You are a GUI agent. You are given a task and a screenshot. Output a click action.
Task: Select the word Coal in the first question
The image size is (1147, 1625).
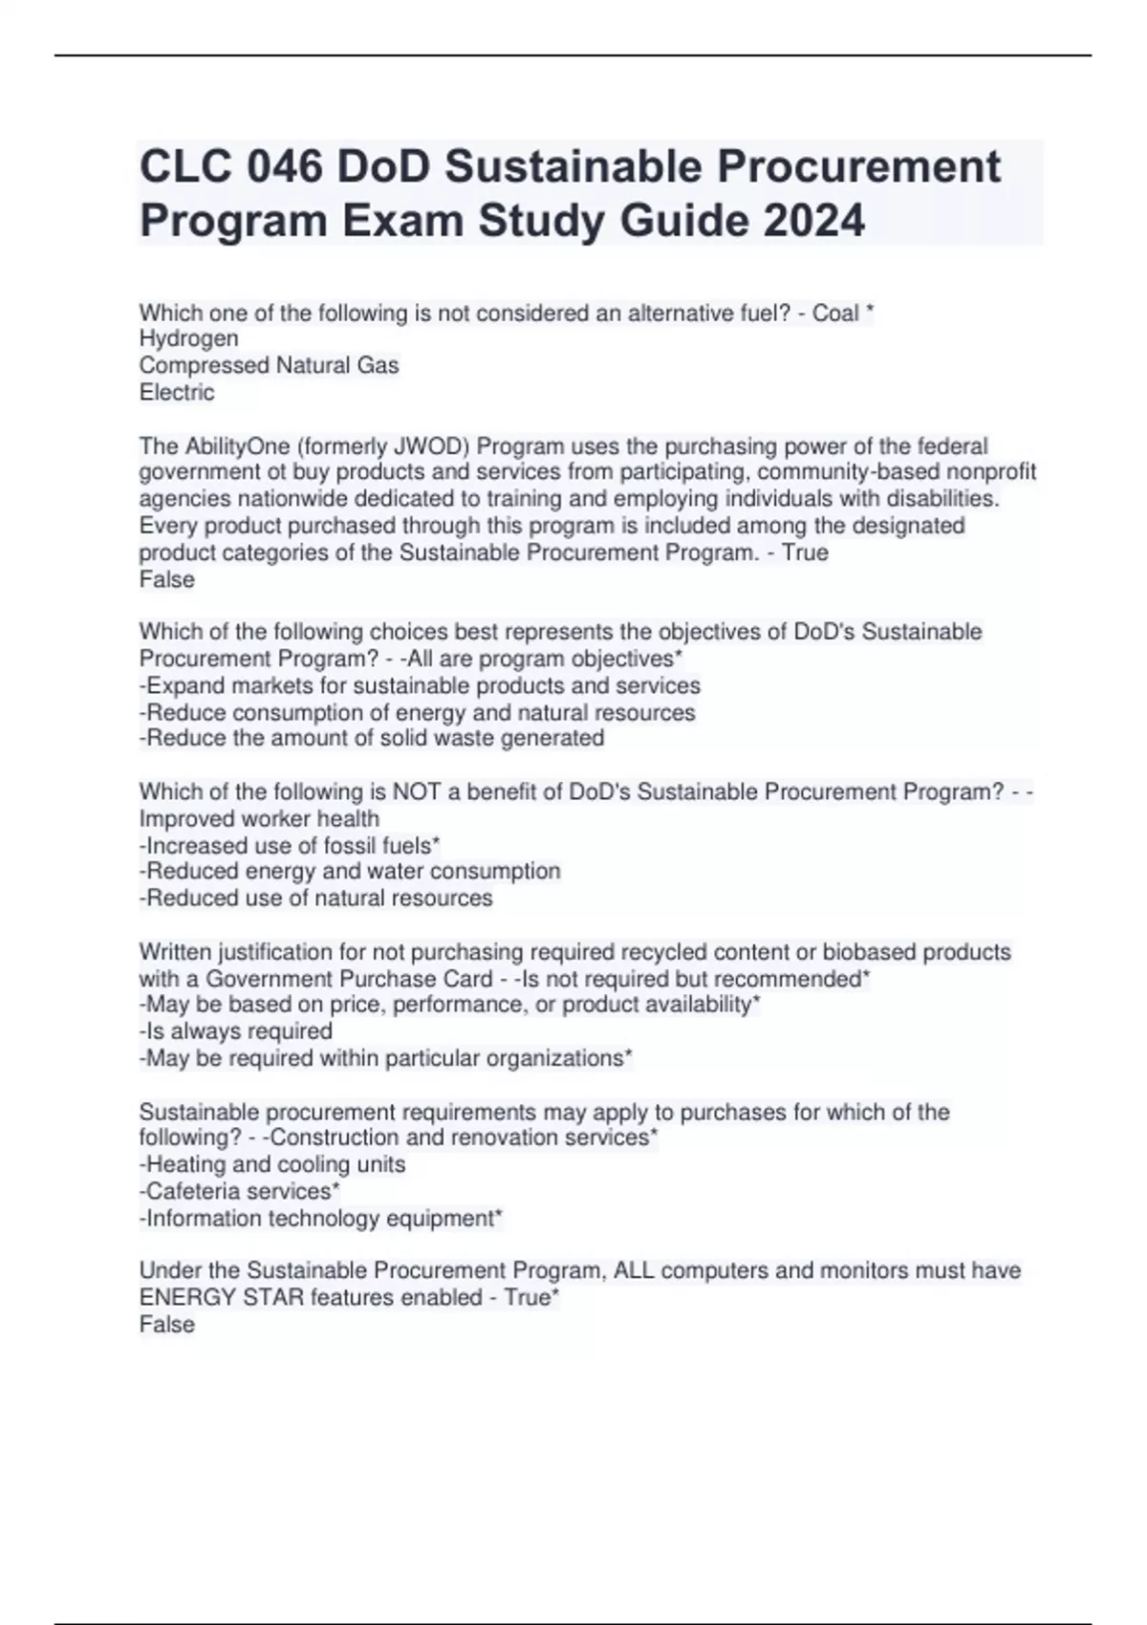click(834, 314)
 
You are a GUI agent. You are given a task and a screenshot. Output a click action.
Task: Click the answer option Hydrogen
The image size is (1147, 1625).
click(188, 338)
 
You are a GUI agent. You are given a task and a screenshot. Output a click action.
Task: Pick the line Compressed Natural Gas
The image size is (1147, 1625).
click(269, 365)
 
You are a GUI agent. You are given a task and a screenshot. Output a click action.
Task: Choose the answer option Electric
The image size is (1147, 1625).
click(177, 392)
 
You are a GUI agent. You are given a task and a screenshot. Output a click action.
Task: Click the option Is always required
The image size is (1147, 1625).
click(236, 1030)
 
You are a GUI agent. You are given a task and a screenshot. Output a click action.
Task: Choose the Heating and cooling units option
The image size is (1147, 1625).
click(272, 1164)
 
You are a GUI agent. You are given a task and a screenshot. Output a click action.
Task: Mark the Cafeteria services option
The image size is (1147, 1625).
click(239, 1191)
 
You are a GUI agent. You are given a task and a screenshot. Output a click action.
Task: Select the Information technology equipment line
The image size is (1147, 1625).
click(320, 1218)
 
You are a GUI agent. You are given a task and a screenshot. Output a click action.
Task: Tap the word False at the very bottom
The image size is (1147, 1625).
click(167, 1324)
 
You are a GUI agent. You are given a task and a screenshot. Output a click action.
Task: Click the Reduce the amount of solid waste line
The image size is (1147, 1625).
click(371, 738)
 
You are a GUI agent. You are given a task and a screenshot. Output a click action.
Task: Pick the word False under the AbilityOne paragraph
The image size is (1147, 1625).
click(167, 579)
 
